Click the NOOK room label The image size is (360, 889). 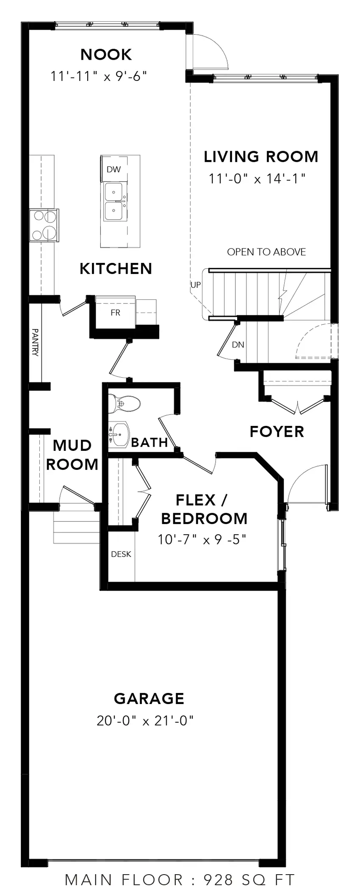[x=106, y=55]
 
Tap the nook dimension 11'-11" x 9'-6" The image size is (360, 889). [x=99, y=77]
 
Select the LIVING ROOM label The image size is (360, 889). [x=261, y=157]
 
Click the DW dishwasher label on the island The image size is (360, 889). [x=114, y=170]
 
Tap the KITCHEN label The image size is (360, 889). [x=116, y=269]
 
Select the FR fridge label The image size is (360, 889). [x=115, y=313]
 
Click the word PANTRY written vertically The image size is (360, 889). [x=35, y=342]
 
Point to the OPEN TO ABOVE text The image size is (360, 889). [x=266, y=252]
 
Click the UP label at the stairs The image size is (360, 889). [x=195, y=285]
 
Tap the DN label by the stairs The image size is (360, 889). [x=238, y=345]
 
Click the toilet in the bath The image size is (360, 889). [x=124, y=404]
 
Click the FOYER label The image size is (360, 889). [x=277, y=432]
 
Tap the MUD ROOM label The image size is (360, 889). [x=72, y=455]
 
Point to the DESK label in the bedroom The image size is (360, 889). [x=121, y=554]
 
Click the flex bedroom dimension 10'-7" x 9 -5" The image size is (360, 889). [x=202, y=540]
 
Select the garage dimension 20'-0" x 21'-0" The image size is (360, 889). [x=145, y=721]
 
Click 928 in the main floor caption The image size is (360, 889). [x=219, y=880]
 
